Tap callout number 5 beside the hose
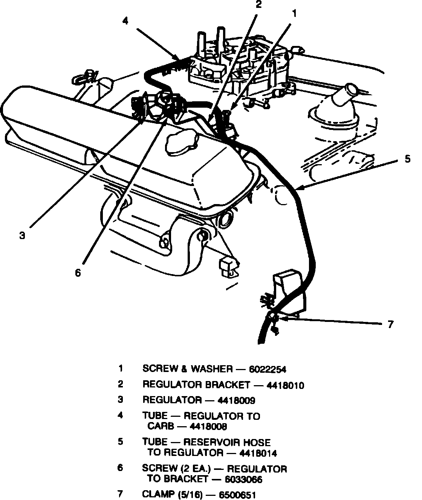408,159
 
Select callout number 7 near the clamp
390,324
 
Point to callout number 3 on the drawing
22,236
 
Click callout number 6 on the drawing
78,273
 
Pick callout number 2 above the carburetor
258,5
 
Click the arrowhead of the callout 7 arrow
283,319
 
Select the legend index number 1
121,369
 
